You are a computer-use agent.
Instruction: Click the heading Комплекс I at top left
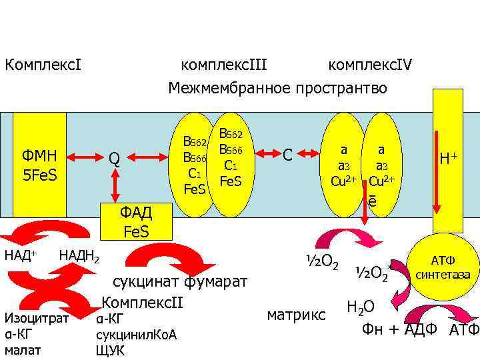43,65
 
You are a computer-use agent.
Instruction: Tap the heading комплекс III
224,65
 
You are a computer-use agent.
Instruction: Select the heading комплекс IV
370,65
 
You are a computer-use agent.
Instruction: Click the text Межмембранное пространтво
277,88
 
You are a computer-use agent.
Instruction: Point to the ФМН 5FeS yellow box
40,165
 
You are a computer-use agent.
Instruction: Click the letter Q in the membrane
115,159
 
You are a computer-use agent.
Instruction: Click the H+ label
448,159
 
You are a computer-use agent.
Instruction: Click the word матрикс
296,313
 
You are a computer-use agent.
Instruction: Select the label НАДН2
79,255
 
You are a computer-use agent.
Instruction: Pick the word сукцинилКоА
137,334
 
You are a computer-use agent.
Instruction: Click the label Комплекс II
142,302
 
